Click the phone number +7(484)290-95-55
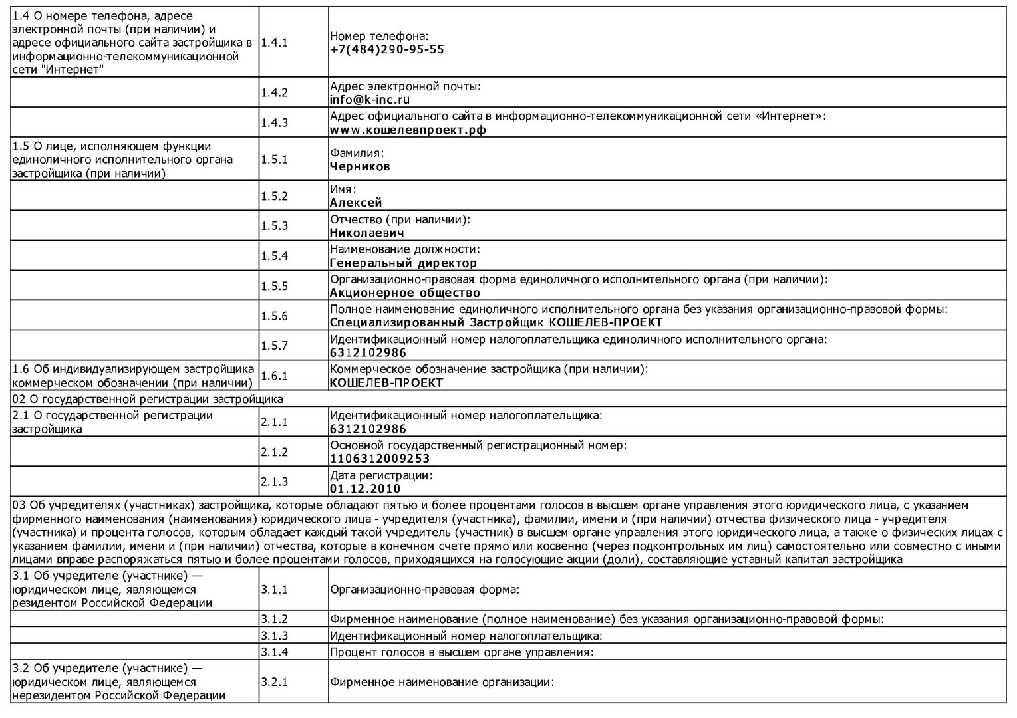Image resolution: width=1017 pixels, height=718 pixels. [x=387, y=50]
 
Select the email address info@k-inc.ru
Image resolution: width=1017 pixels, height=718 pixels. [x=370, y=100]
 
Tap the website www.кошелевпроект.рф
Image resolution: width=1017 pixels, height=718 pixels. [x=408, y=130]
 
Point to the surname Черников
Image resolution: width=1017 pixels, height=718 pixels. [x=360, y=167]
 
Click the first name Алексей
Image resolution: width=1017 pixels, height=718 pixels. [x=356, y=203]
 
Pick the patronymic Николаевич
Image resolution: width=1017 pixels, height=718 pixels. [x=366, y=233]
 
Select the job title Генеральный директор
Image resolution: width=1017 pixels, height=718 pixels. [x=403, y=263]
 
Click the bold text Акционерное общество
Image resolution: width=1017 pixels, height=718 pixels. [x=405, y=293]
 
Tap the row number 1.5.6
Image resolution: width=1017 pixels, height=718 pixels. [x=274, y=316]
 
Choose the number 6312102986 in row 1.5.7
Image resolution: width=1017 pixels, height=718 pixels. [x=368, y=353]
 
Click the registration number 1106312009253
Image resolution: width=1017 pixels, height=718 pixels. [x=380, y=459]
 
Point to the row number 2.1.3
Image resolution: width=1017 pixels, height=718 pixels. [x=274, y=481]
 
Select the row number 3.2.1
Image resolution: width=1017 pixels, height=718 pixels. [x=274, y=682]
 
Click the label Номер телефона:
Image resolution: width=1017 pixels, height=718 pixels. [x=379, y=37]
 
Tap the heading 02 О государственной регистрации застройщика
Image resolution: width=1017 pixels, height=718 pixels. [x=148, y=399]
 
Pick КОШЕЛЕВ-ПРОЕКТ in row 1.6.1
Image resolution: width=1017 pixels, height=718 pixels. [x=386, y=383]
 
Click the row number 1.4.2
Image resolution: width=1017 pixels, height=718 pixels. [x=274, y=92]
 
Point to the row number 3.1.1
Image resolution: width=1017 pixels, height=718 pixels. [x=274, y=589]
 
